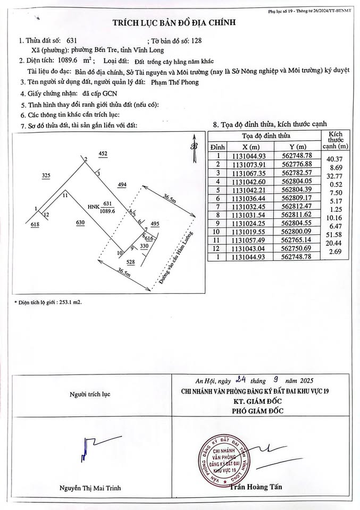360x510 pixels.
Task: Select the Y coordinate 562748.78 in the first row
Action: [297, 155]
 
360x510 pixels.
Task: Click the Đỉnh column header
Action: [218, 146]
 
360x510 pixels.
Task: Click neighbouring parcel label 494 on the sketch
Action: [122, 185]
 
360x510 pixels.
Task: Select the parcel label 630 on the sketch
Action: [80, 223]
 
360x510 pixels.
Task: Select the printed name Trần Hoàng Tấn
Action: [255, 487]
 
